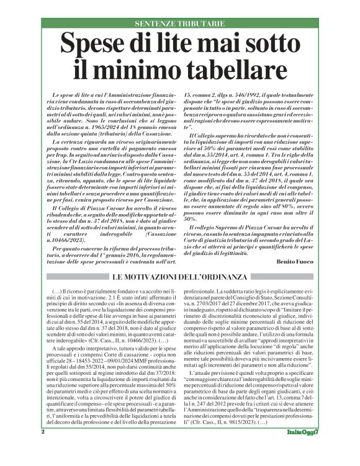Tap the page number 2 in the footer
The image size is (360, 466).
point(43,449)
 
